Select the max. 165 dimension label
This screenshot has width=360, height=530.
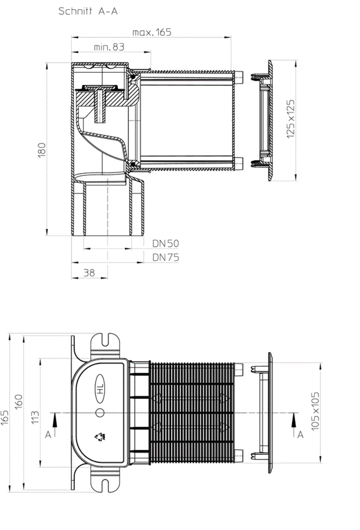[152, 32]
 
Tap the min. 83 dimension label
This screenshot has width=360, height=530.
[109, 47]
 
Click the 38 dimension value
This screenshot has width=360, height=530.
[89, 273]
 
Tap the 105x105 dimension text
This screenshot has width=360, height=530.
[315, 413]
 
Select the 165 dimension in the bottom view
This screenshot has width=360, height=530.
[5, 428]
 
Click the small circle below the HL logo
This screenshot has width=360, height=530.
[100, 413]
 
